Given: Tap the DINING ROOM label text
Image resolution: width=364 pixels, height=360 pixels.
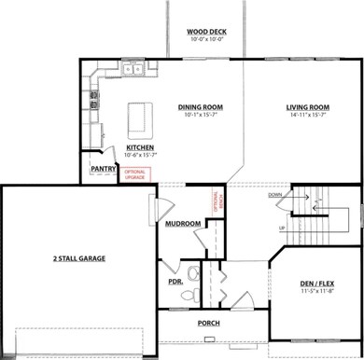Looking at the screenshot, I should (201, 107).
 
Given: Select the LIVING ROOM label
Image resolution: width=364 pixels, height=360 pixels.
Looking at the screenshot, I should (309, 107).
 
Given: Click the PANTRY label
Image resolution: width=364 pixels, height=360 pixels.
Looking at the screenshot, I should (103, 169).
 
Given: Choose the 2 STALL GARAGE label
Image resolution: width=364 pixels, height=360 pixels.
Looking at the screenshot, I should (78, 257).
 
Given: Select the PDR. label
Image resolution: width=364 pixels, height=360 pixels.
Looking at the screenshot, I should (174, 281).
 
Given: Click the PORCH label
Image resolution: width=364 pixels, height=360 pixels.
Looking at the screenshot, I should (208, 323).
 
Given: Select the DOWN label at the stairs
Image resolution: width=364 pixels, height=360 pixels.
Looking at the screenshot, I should (274, 195).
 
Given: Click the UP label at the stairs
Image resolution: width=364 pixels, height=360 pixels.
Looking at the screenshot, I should (282, 228).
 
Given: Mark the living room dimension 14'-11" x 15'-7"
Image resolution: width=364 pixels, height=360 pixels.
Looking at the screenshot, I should (309, 117).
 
